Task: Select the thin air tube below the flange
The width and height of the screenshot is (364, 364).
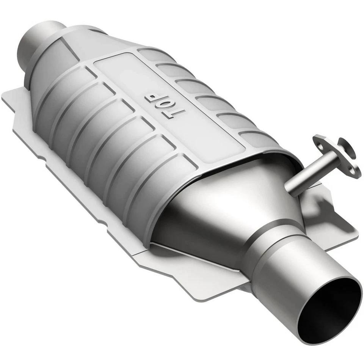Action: (303, 174)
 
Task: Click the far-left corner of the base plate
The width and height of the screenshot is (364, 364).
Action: (5, 97)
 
